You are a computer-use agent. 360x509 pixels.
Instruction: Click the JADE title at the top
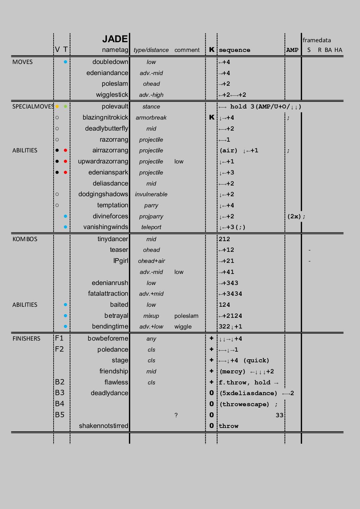(115, 39)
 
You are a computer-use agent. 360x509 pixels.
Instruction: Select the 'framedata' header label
(316, 40)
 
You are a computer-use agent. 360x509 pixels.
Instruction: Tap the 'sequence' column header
(234, 50)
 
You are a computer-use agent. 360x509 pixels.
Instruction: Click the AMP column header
(292, 50)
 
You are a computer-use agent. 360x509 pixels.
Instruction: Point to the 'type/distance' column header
(151, 50)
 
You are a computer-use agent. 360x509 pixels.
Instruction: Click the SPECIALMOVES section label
(33, 106)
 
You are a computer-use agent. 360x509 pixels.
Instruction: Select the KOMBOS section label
(25, 239)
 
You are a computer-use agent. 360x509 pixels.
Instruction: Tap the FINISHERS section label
(26, 339)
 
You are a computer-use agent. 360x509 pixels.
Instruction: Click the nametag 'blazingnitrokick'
(105, 118)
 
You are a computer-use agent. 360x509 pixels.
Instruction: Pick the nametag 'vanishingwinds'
(105, 227)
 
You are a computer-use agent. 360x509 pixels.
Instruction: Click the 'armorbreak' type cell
(151, 118)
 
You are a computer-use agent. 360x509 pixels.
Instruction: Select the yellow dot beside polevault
(57, 106)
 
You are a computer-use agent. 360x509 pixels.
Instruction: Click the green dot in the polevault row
(65, 106)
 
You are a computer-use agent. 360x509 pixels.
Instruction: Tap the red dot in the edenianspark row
(65, 172)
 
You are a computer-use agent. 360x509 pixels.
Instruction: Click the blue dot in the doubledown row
(65, 62)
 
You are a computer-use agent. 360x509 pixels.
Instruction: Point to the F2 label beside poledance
(59, 349)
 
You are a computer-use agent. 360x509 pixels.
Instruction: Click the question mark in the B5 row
(176, 415)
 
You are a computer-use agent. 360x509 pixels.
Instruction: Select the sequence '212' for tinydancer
(224, 239)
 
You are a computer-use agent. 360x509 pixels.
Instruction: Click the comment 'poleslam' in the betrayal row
(186, 316)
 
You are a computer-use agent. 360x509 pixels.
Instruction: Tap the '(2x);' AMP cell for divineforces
(296, 216)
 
